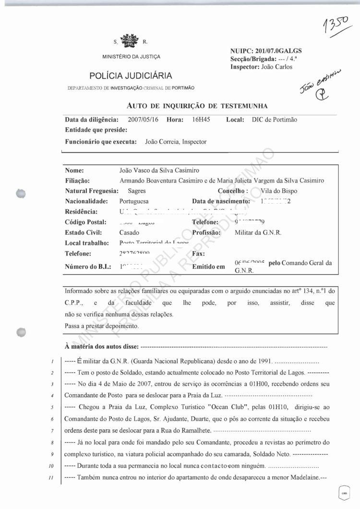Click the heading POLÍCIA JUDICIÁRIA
point(131,75)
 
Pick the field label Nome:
point(74,170)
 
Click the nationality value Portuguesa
point(134,201)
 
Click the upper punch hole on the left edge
point(20,193)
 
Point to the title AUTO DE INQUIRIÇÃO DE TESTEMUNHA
point(197,106)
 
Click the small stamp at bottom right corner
point(344,493)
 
